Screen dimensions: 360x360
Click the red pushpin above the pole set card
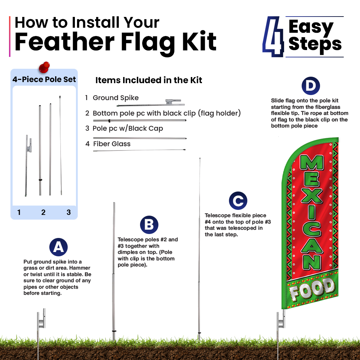point(44,67)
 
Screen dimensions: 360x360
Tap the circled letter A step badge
point(59,247)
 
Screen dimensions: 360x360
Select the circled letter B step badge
point(149,225)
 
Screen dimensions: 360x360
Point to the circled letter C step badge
point(238,201)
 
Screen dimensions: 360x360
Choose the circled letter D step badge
point(311,86)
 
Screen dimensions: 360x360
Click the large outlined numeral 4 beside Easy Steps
point(273,36)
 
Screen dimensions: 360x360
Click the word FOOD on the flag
point(312,289)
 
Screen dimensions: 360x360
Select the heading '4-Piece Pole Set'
point(44,80)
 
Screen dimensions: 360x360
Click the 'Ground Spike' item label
point(116,98)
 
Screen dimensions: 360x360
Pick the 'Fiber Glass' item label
point(112,144)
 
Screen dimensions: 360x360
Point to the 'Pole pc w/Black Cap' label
point(128,129)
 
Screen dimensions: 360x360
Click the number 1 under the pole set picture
point(19,212)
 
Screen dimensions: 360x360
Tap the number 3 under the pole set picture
point(69,212)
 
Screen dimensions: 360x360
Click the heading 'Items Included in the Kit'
point(149,80)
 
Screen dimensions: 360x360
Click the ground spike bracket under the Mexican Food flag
point(281,320)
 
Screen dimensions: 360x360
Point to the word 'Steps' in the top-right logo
point(315,44)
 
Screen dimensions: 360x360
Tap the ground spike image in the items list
point(150,103)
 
